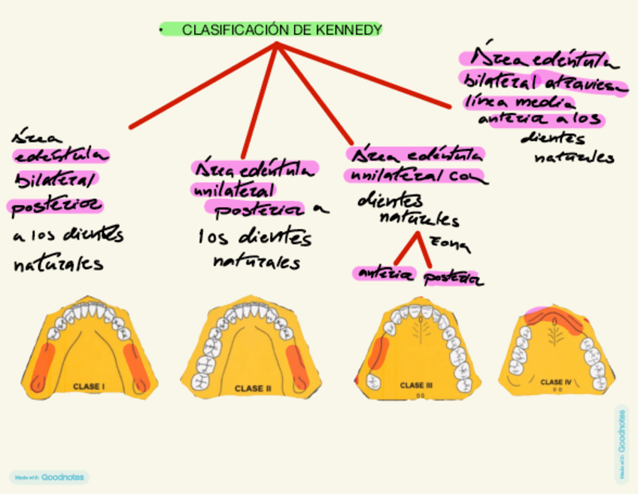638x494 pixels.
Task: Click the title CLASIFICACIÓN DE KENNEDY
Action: [281, 30]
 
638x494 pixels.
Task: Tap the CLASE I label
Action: [89, 387]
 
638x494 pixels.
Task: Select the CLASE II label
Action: [249, 389]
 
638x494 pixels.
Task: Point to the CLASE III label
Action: [412, 385]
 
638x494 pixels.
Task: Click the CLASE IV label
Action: [557, 382]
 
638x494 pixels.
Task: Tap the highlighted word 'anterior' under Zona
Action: [384, 274]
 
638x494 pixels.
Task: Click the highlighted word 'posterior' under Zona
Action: [453, 279]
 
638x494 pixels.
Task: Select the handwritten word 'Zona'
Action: [450, 244]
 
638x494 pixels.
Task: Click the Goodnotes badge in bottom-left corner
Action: [50, 477]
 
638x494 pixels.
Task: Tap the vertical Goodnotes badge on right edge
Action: [621, 444]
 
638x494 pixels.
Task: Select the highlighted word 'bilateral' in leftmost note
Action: [56, 181]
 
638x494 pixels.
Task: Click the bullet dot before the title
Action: [161, 30]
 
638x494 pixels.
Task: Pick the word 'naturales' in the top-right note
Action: [574, 157]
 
